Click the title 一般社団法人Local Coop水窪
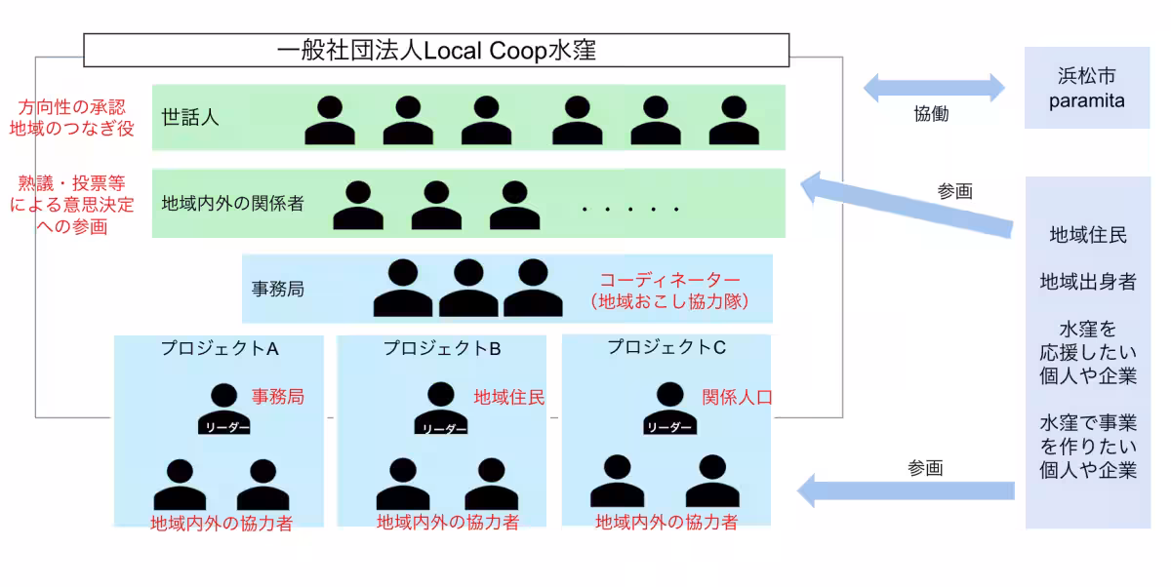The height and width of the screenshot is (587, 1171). pos(436,50)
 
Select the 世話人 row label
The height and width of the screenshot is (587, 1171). pos(190,118)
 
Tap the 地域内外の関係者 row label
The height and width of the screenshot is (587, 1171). pos(232,204)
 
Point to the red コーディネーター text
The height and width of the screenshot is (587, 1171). pos(669,280)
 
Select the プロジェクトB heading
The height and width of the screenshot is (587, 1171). pos(442,348)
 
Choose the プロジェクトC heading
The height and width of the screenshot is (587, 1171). pos(666,347)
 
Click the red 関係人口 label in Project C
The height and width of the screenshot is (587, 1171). pos(738,397)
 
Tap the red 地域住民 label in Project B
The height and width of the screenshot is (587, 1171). pos(509,397)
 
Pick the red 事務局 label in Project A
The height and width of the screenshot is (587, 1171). pos(278,397)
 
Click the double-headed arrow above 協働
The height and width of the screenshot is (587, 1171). pos(934,87)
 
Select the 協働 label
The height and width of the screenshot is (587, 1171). pos(931,114)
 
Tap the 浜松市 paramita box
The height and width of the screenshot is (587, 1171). pos(1086,88)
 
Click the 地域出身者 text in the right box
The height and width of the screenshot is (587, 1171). pos(1088,282)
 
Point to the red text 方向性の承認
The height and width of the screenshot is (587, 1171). pos(72,105)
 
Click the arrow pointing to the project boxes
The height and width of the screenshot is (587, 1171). pos(907,489)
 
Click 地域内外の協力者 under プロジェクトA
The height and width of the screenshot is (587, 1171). pos(222,524)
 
